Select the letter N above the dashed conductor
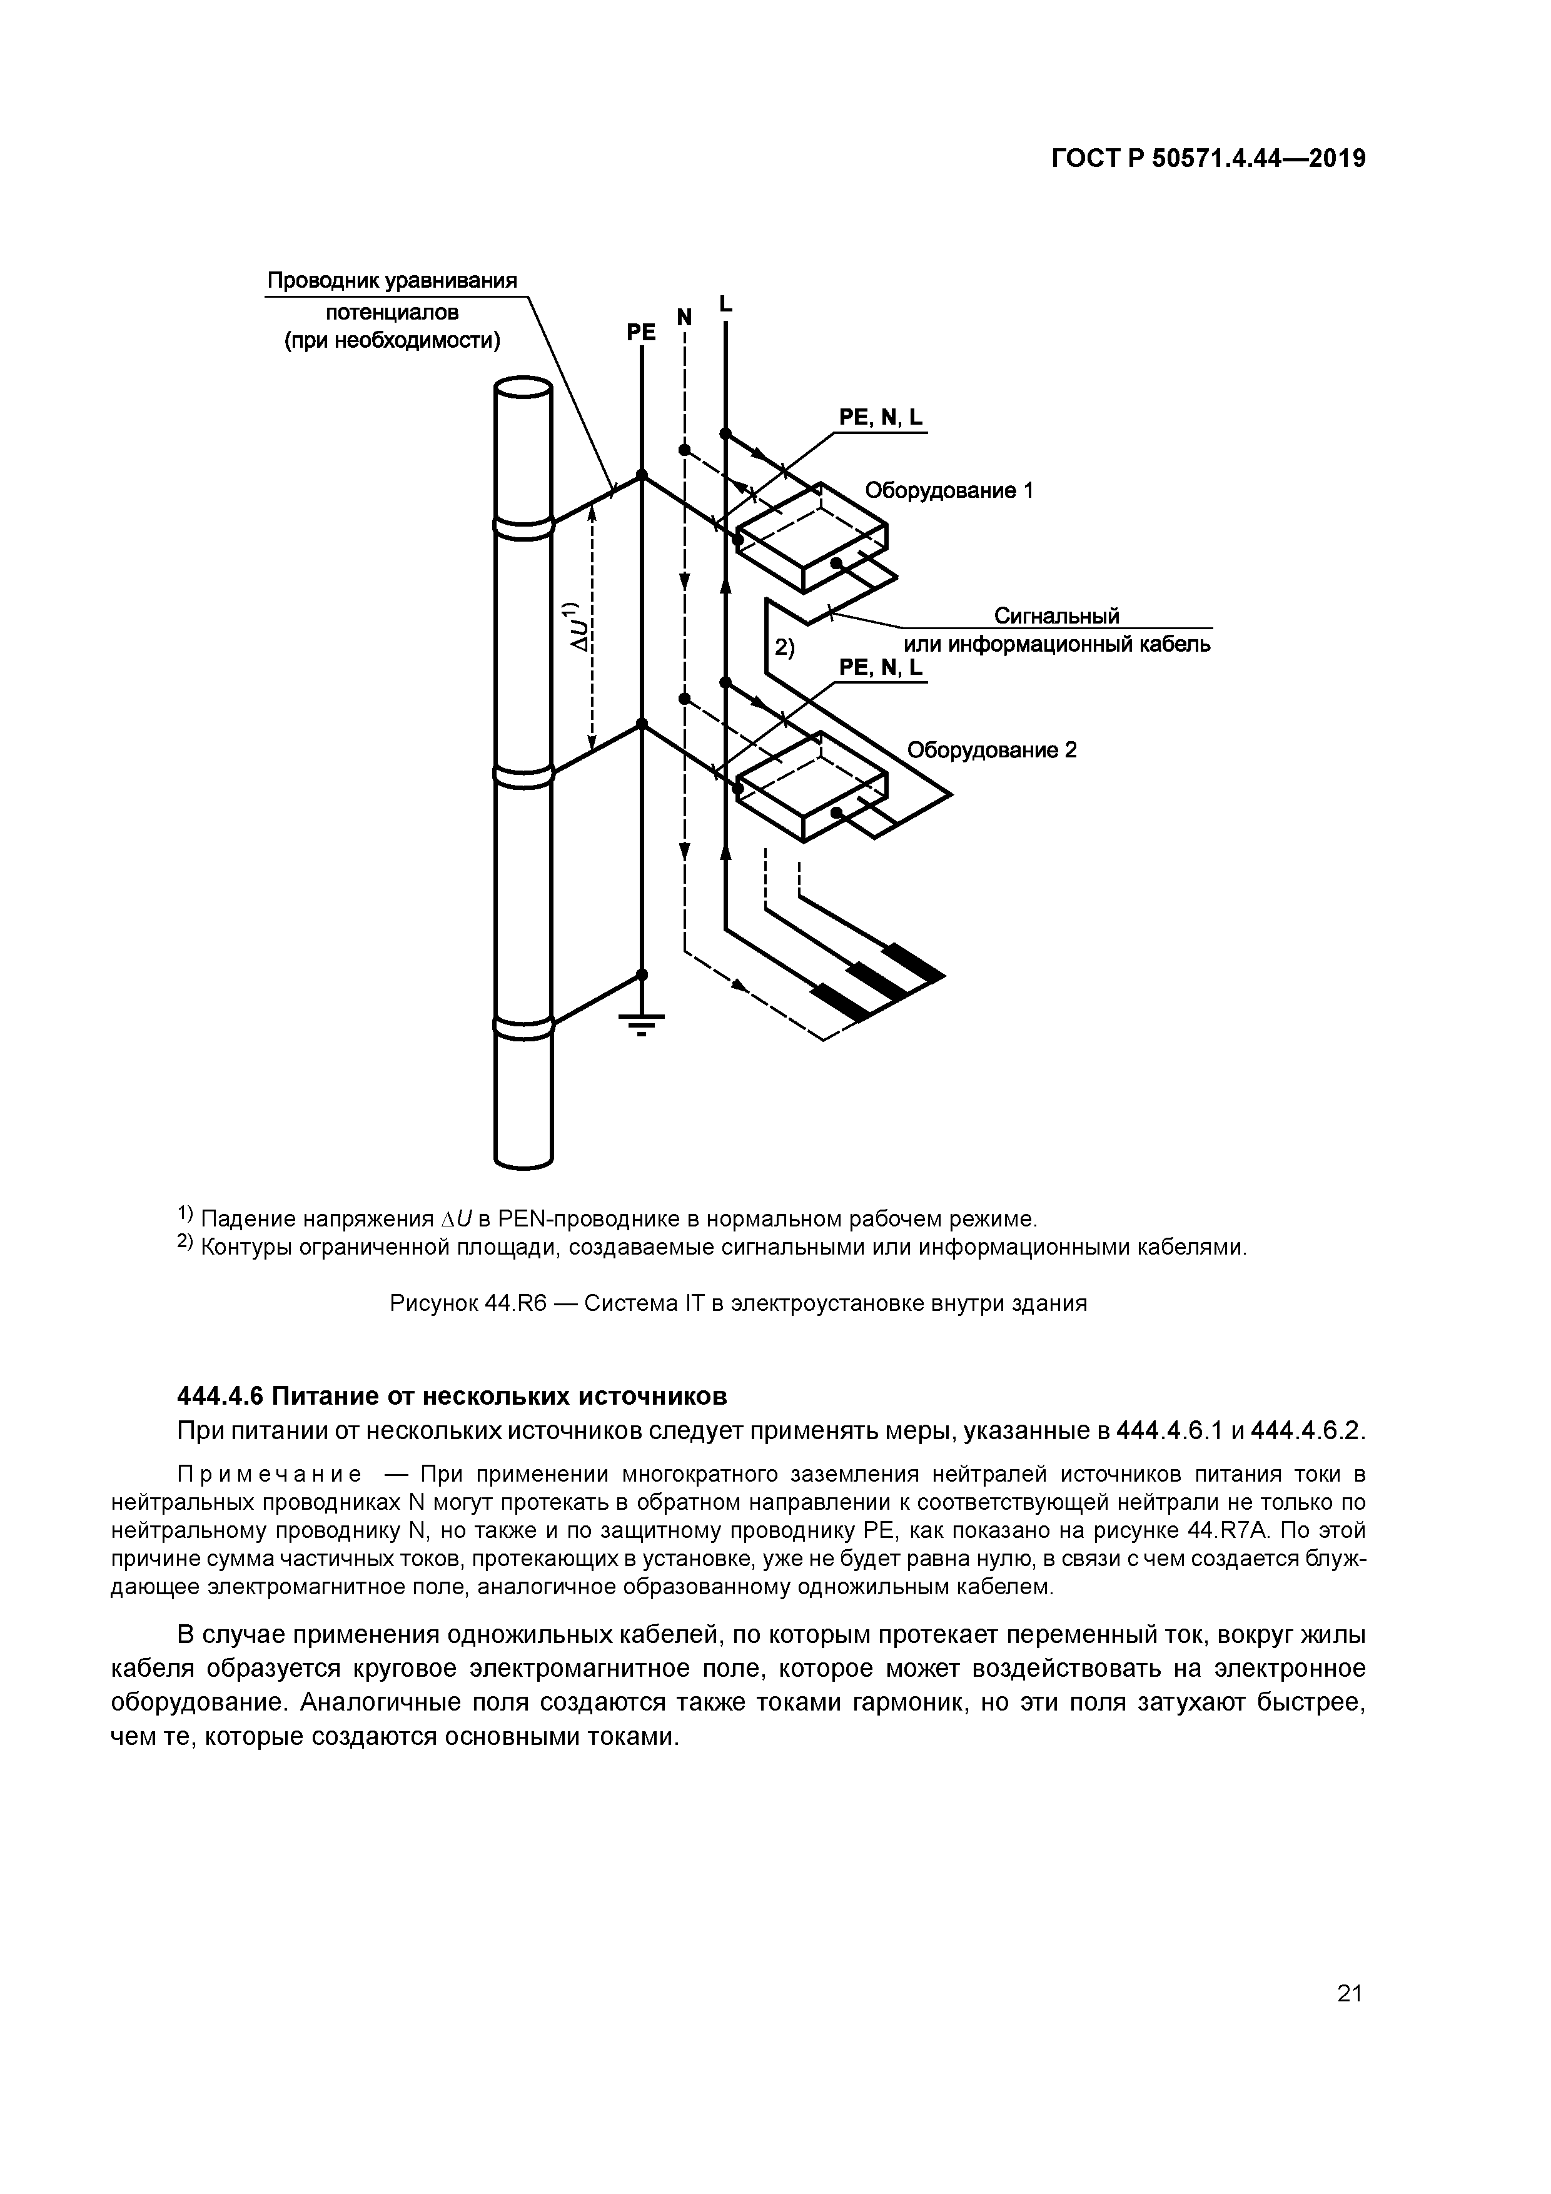[x=684, y=316]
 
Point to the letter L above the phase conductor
[x=725, y=304]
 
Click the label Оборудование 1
[x=949, y=491]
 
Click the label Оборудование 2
[x=991, y=750]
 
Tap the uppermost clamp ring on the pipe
[x=523, y=525]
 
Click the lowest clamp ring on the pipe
[x=523, y=1024]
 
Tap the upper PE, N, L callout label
[x=881, y=418]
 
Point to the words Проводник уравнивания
[x=392, y=281]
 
